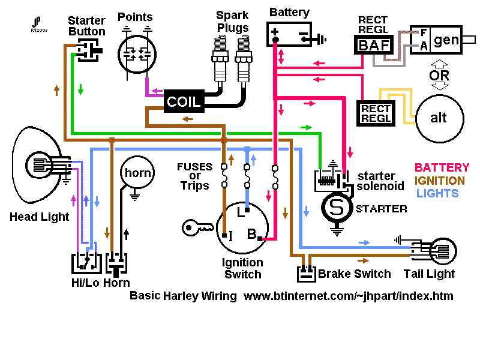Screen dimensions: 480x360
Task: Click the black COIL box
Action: pyautogui.click(x=184, y=101)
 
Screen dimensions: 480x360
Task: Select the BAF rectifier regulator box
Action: pyautogui.click(x=374, y=45)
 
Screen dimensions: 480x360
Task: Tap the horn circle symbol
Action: pyautogui.click(x=137, y=173)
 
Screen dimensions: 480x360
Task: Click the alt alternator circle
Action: pyautogui.click(x=440, y=118)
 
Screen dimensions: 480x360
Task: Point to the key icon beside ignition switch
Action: pyautogui.click(x=197, y=228)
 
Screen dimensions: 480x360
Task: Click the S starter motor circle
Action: pyautogui.click(x=337, y=208)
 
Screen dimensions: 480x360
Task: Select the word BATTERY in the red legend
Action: pyautogui.click(x=442, y=168)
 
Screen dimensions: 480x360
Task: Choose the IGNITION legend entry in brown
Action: pyautogui.click(x=440, y=181)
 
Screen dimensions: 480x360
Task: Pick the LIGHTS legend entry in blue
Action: pyautogui.click(x=437, y=193)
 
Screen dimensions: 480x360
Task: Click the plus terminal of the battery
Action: pyautogui.click(x=275, y=32)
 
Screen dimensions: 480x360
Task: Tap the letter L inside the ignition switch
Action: pyautogui.click(x=241, y=212)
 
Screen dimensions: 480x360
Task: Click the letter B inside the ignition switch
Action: pyautogui.click(x=251, y=234)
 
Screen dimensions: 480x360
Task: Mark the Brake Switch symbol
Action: pyautogui.click(x=306, y=273)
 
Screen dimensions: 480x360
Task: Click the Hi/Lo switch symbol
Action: pyautogui.click(x=86, y=263)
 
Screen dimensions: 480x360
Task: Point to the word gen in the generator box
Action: pyautogui.click(x=446, y=40)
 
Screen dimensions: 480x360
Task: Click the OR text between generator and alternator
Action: pyautogui.click(x=439, y=76)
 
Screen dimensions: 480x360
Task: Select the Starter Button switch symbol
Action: pyautogui.click(x=88, y=50)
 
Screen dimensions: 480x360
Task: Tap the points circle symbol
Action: pyautogui.click(x=137, y=55)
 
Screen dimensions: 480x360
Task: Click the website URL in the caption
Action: pyautogui.click(x=349, y=296)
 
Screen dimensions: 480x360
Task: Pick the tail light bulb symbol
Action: pyautogui.click(x=443, y=251)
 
